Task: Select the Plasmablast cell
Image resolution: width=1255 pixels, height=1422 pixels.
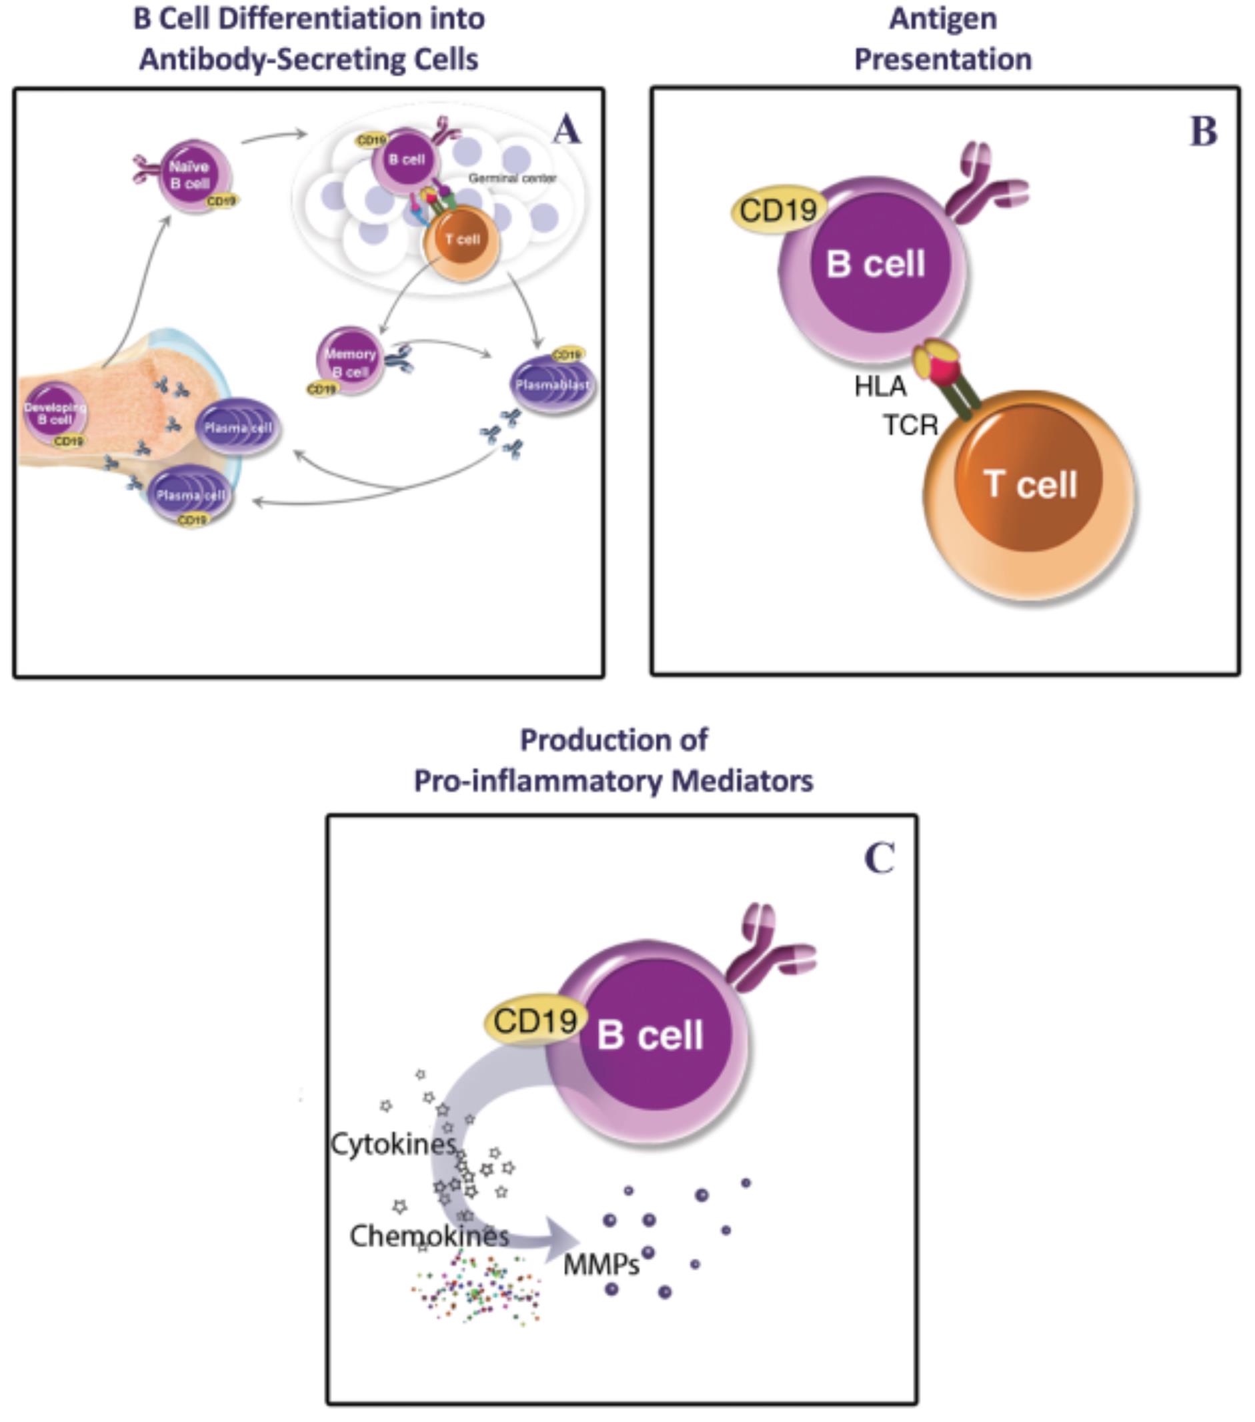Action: pos(553,385)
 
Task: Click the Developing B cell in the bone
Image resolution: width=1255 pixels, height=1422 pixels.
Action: pos(55,414)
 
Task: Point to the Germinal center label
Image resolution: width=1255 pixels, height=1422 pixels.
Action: pos(512,178)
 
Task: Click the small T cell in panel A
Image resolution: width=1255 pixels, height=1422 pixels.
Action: pos(462,240)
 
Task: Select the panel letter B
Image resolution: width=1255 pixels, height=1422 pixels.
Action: pos(1204,131)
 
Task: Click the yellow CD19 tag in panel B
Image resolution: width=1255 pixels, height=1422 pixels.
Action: pos(778,209)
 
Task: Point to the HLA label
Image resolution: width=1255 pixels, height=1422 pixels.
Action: pos(880,386)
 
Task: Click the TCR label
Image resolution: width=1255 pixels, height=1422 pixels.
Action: pos(910,424)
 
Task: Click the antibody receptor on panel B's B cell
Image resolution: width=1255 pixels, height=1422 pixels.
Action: pos(988,184)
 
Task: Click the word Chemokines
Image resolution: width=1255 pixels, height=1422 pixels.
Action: pos(429,1237)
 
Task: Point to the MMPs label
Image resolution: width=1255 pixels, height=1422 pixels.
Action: pos(601,1264)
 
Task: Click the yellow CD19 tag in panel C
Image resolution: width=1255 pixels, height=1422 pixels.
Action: pos(535,1020)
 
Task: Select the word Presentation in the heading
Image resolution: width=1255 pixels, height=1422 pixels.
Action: pos(943,59)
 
